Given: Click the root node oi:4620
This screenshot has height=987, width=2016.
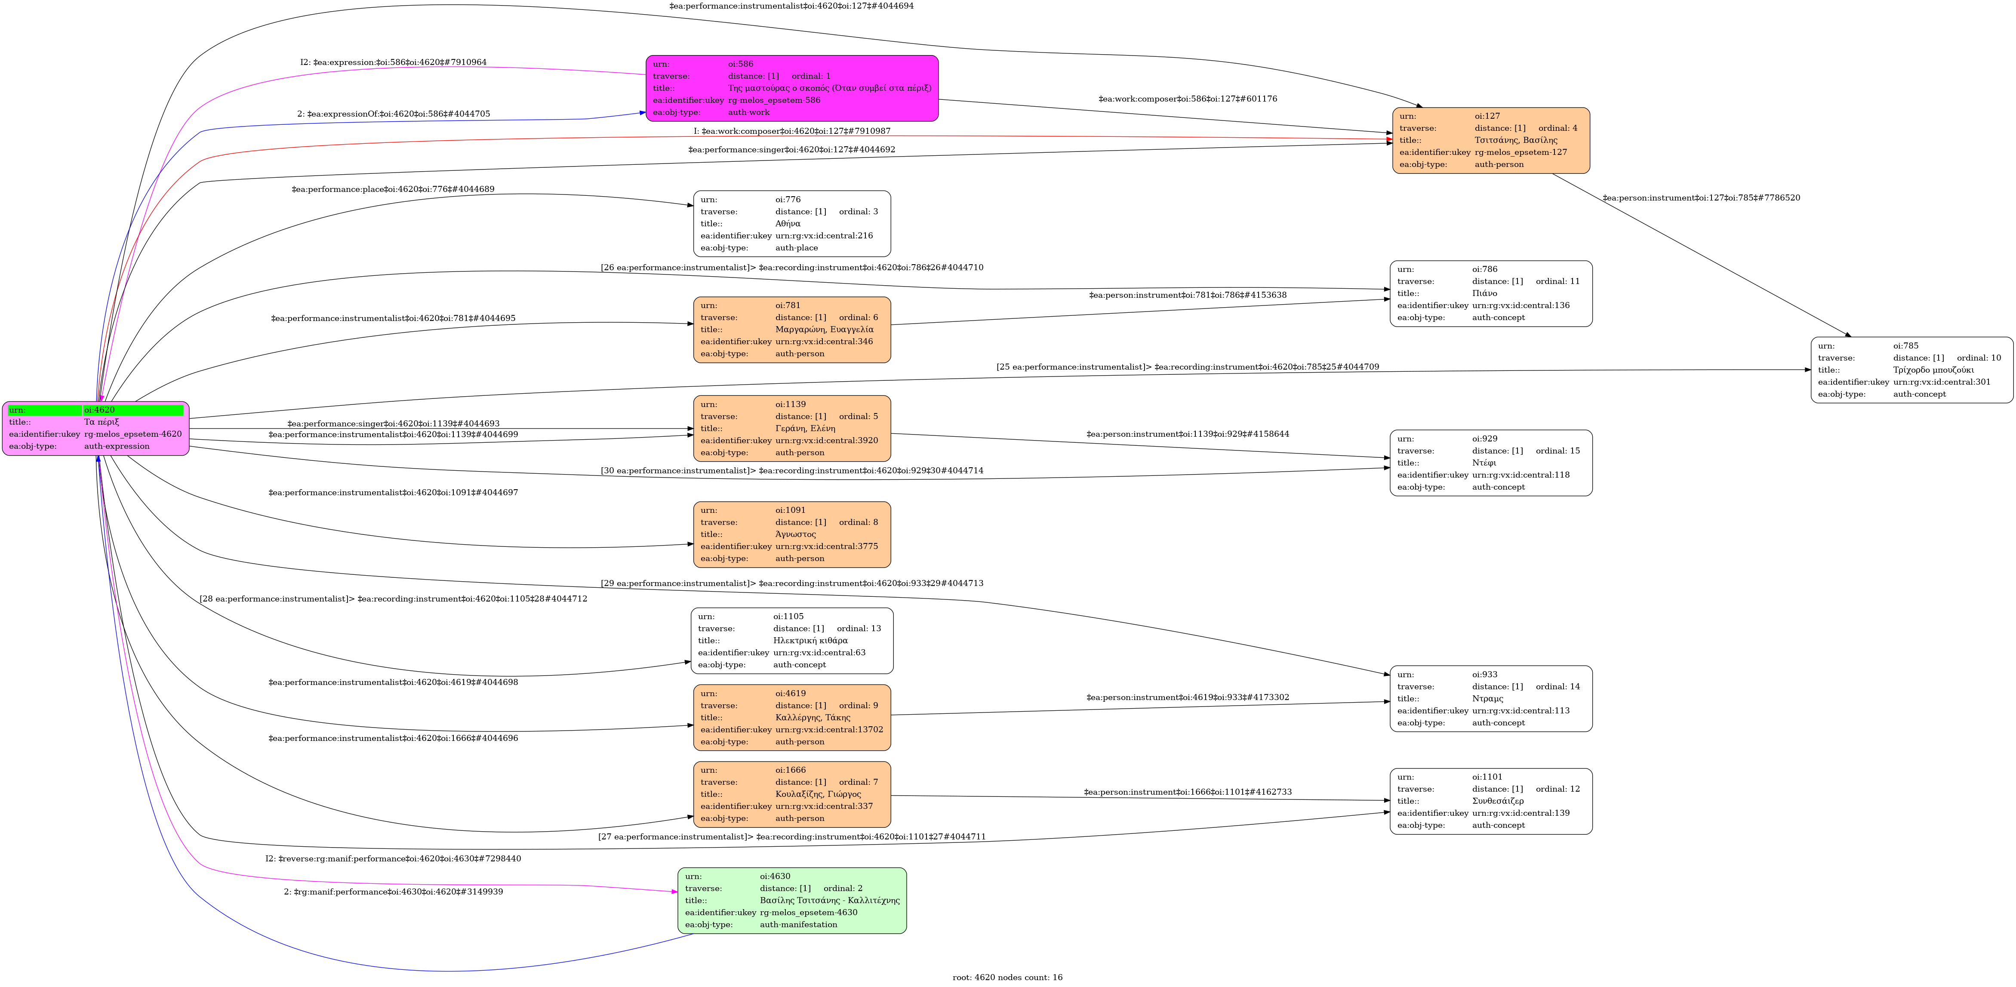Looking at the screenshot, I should tap(95, 428).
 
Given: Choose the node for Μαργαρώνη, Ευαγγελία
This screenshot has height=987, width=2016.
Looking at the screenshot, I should tap(791, 330).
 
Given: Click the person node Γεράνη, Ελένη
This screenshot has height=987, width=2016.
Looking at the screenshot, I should tap(791, 428).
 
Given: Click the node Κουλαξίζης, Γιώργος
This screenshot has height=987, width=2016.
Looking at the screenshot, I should tap(791, 794).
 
